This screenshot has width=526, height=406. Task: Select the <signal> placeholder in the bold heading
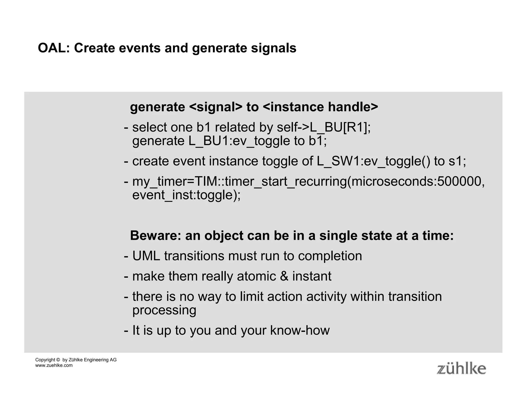tap(216, 107)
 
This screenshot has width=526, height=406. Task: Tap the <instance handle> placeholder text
tap(321, 107)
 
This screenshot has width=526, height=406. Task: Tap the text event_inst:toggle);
tap(186, 195)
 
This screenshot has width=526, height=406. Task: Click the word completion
tap(330, 256)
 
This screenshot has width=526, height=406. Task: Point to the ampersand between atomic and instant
tap(284, 276)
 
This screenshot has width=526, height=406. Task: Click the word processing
tap(164, 310)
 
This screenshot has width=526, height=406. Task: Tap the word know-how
tap(300, 330)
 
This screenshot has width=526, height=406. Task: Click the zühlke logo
tap(461, 369)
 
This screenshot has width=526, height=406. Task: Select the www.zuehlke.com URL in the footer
tap(54, 365)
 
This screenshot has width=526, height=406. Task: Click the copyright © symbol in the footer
tap(58, 360)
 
